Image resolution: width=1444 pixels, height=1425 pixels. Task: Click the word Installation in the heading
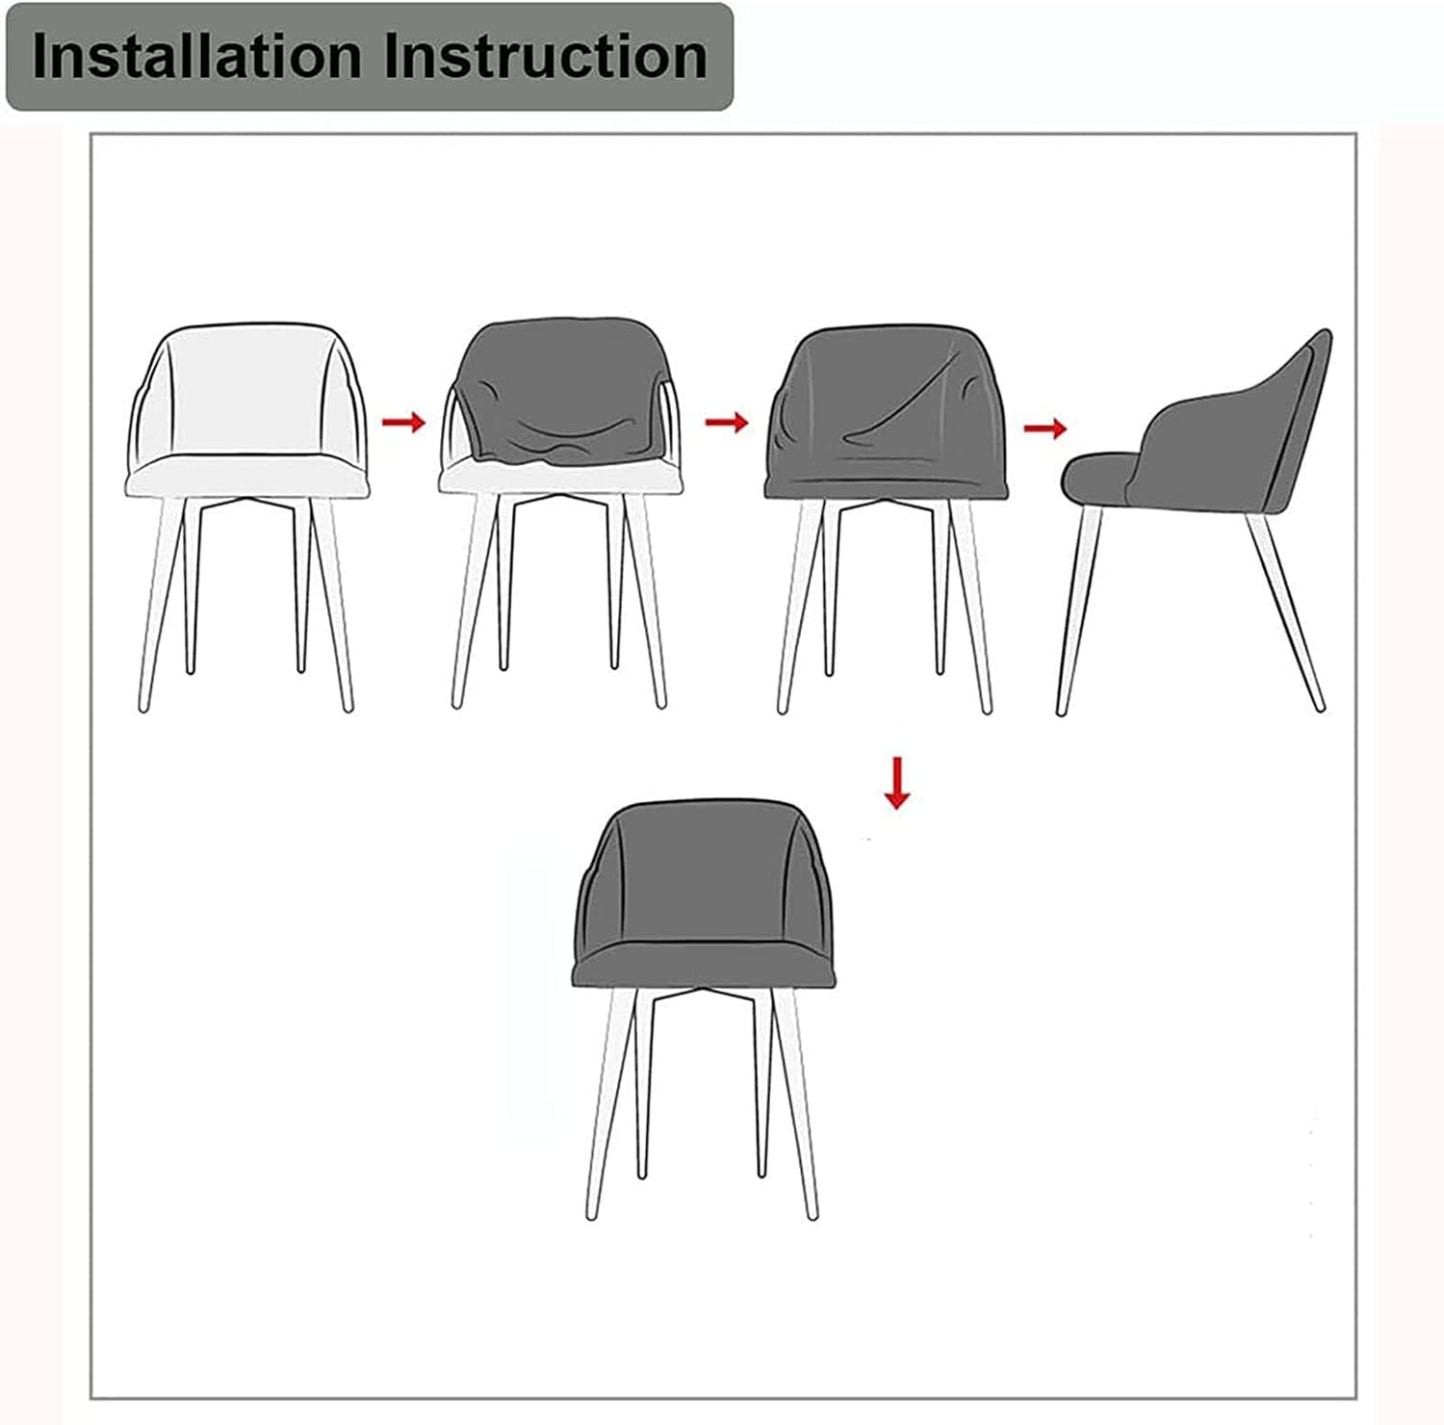pos(198,57)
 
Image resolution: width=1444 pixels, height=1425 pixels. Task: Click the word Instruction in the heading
pos(545,57)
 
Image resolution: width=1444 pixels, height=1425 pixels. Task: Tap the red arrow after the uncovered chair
pos(403,422)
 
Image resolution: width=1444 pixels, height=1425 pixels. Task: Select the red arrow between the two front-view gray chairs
pos(726,422)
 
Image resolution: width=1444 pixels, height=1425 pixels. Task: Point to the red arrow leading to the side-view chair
pos(1045,428)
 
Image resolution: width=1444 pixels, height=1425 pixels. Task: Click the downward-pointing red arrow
pos(897,783)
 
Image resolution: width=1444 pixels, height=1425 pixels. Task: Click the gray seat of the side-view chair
pos(1097,477)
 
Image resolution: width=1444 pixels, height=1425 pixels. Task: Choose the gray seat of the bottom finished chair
pos(705,963)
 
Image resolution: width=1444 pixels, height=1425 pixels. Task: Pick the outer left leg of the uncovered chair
pos(159,607)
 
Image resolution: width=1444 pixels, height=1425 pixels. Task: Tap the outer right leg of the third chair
pos(974,607)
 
